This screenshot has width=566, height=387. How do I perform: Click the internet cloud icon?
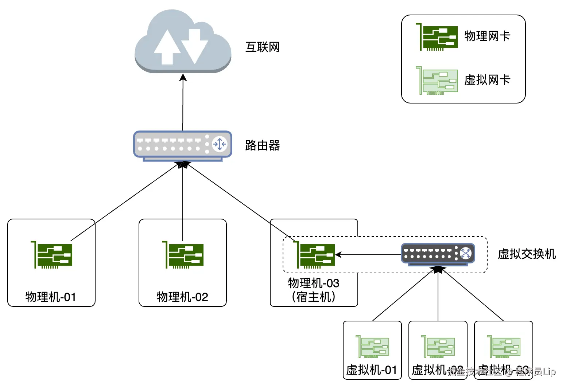point(183,42)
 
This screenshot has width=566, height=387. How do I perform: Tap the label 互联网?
point(262,47)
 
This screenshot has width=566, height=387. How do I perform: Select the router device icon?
point(183,145)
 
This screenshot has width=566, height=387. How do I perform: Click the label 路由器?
point(262,145)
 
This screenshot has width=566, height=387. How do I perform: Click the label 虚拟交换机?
point(527,254)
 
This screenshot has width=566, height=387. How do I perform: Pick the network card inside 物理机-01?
point(52,255)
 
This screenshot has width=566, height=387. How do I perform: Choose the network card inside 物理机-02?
point(183,255)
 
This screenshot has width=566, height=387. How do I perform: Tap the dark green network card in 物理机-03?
point(314,255)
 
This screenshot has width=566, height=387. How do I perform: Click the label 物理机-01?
point(51,297)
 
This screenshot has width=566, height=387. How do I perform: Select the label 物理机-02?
point(182,297)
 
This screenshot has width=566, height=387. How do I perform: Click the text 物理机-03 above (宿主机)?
point(314,283)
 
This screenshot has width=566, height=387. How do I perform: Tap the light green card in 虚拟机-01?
point(372,346)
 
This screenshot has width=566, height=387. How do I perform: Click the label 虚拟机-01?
point(372,370)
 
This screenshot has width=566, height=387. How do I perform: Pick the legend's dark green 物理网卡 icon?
point(437,37)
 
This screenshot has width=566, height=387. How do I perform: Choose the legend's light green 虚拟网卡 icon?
point(437,81)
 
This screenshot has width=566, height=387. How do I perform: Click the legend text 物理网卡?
point(487,36)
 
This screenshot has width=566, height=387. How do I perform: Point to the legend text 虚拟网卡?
point(487,80)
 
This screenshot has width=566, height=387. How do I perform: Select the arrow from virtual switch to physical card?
point(368,255)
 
